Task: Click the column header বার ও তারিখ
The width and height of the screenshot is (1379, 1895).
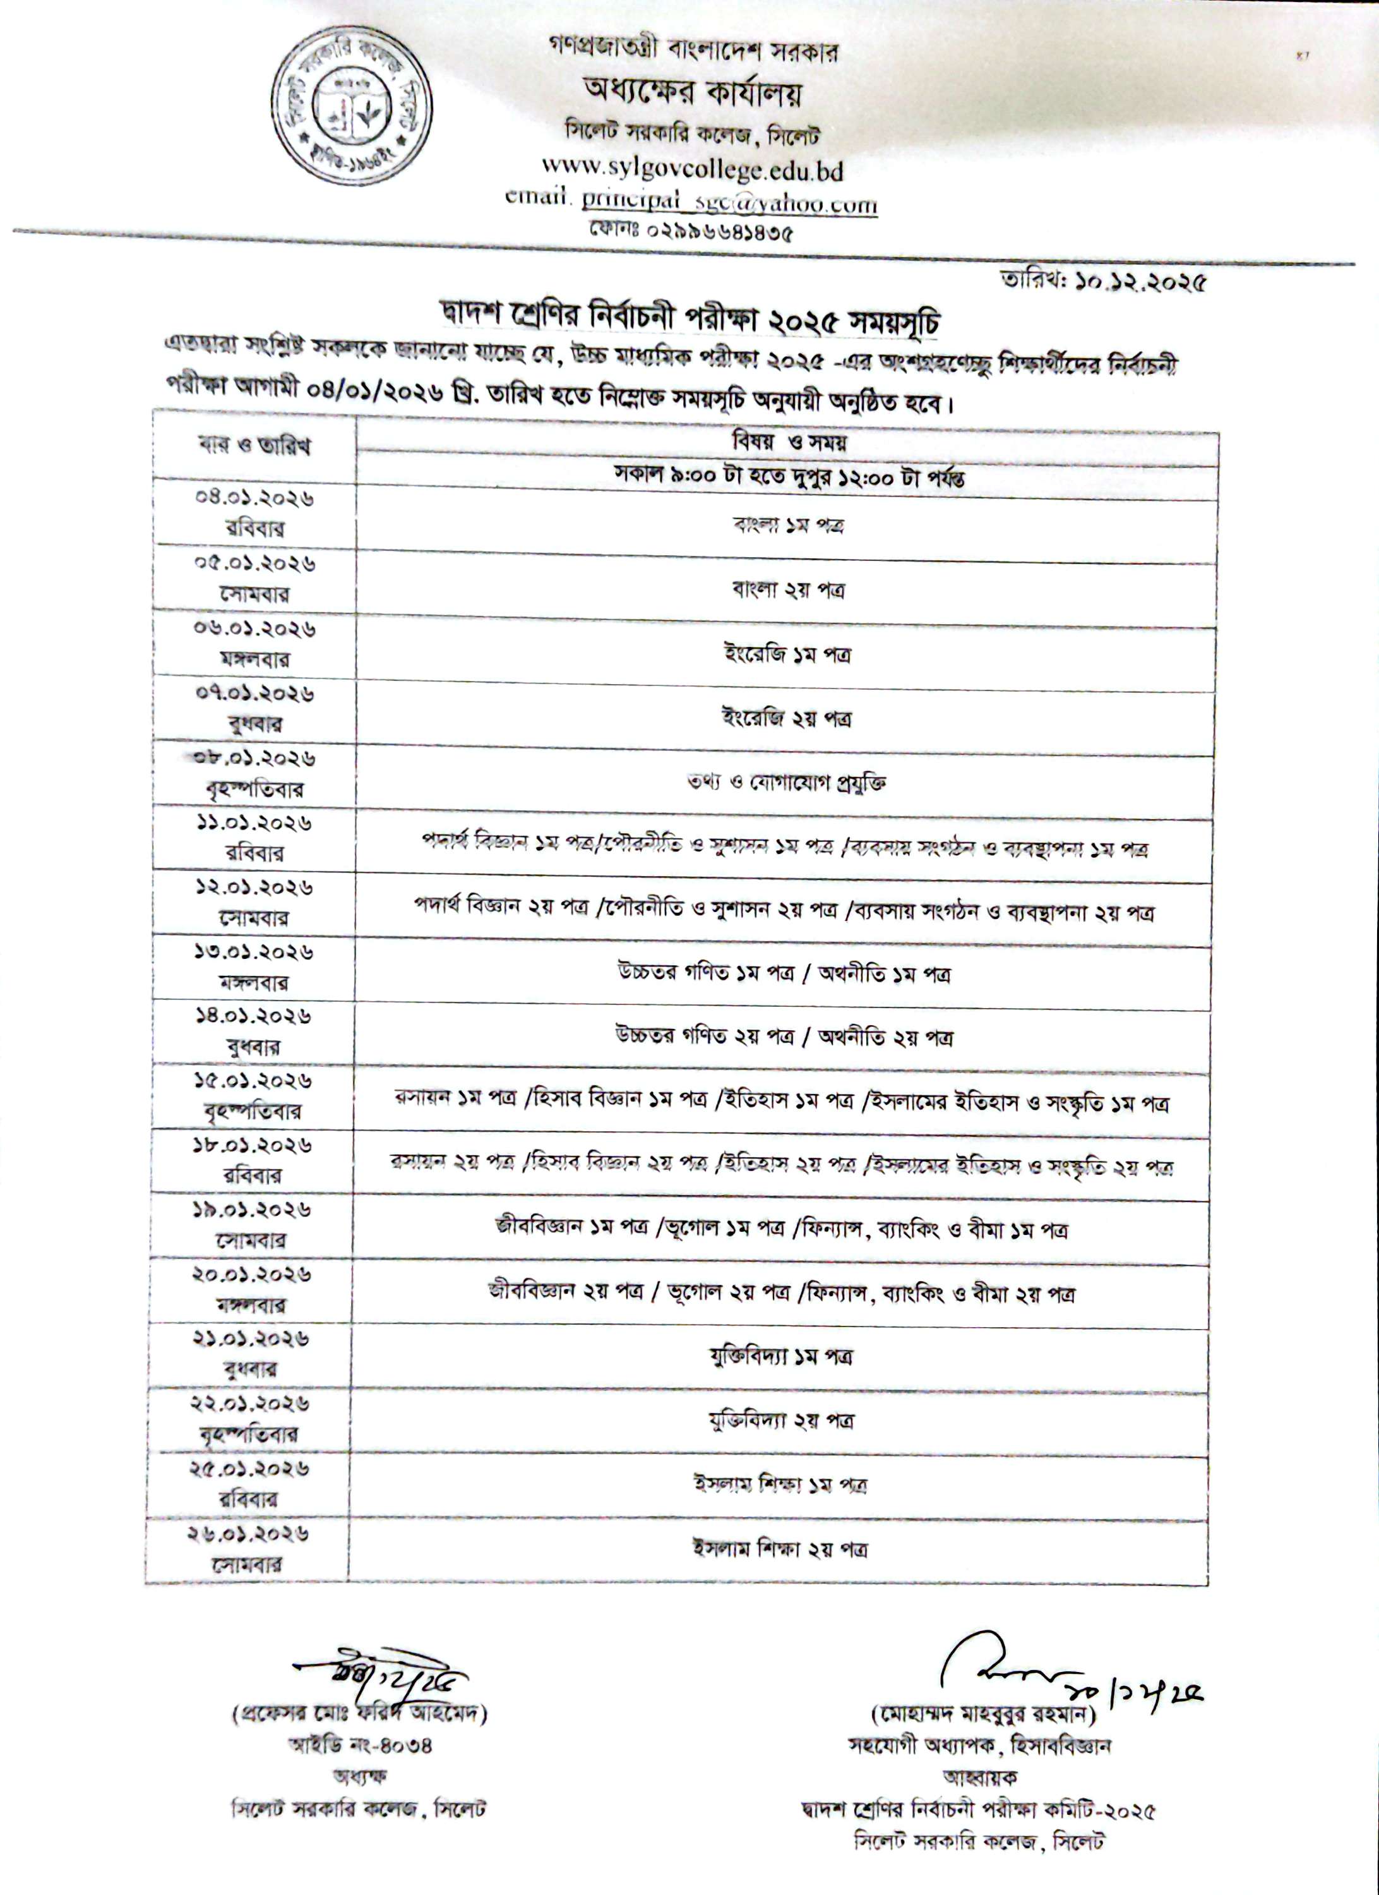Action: coord(254,445)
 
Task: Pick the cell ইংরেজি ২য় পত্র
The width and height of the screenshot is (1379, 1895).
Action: coord(787,718)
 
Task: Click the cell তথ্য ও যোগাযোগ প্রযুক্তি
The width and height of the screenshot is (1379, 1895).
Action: coord(786,783)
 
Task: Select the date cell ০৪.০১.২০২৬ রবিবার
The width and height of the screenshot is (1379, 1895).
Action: coord(254,512)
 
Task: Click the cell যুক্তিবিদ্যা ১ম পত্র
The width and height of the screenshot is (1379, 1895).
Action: coord(781,1357)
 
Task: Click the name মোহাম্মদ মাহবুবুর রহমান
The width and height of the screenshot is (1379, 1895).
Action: coord(983,1714)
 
